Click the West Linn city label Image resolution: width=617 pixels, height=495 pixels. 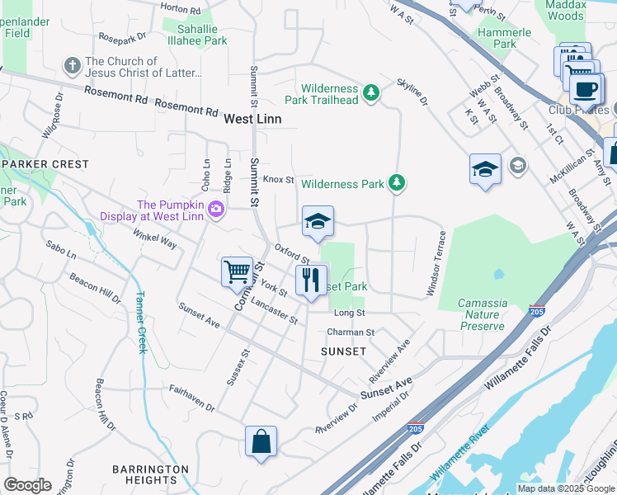point(252,120)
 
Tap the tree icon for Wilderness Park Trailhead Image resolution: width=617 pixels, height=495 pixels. point(372,93)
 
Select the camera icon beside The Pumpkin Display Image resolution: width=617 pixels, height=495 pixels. point(217,210)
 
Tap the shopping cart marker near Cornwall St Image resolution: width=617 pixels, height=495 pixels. point(237,271)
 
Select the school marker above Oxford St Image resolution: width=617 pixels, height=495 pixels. point(318,221)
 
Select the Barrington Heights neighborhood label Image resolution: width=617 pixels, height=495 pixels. point(150,474)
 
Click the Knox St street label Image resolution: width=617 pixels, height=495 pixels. point(278,179)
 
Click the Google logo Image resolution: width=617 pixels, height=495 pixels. point(27,485)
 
